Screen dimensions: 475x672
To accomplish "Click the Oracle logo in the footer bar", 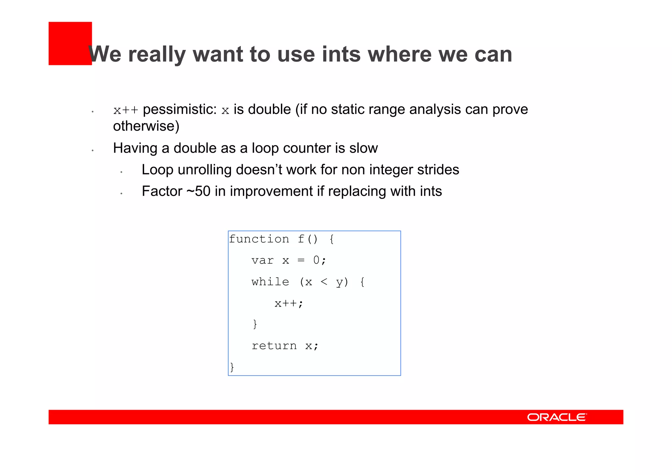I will click(x=556, y=417).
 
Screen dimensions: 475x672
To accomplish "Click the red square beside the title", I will click(x=70, y=43).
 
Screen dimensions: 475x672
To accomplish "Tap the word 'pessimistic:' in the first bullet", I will click(x=180, y=110).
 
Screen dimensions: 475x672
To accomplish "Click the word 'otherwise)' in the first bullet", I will click(x=146, y=126).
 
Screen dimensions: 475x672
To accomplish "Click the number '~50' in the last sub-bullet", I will click(x=199, y=191).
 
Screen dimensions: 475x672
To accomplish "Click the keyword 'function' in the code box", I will click(x=259, y=239).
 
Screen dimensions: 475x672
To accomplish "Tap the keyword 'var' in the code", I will click(x=262, y=261).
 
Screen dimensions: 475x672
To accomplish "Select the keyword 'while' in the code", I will click(x=270, y=282).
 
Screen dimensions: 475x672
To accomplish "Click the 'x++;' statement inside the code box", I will click(x=289, y=303).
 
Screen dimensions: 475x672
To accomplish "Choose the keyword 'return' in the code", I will click(x=274, y=346).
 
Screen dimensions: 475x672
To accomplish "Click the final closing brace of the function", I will click(x=232, y=367).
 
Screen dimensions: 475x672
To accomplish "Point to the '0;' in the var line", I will click(x=319, y=261).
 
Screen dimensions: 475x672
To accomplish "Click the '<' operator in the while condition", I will click(x=324, y=282).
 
